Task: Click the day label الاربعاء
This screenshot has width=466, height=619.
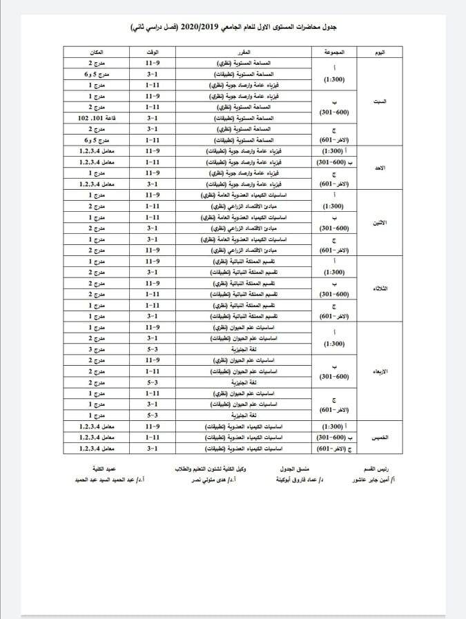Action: tap(389, 370)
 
